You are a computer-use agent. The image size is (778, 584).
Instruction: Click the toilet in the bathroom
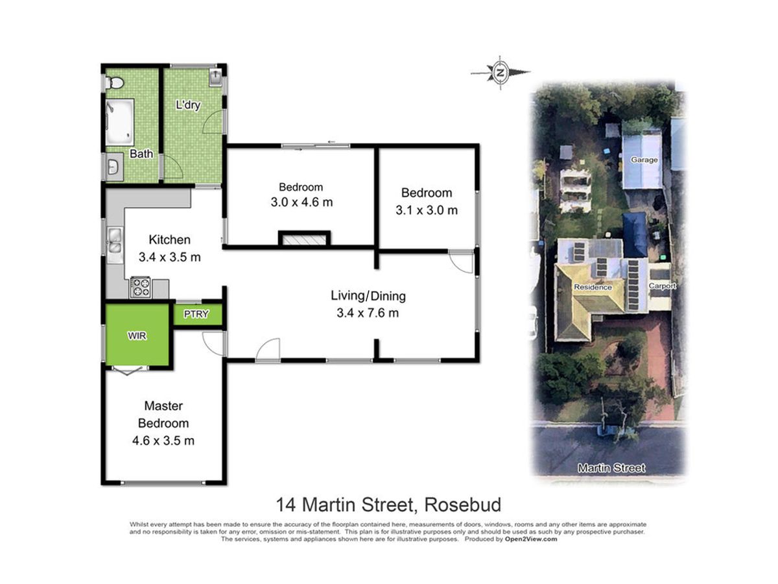tap(114, 83)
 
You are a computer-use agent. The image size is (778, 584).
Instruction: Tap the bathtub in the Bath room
tap(120, 122)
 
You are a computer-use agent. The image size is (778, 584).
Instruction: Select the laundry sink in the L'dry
tap(215, 78)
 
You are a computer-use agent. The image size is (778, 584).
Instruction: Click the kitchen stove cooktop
tap(140, 287)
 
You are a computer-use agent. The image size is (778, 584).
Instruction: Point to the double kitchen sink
tap(115, 241)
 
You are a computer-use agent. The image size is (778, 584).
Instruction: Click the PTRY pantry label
tap(196, 314)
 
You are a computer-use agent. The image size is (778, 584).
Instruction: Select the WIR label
tap(137, 335)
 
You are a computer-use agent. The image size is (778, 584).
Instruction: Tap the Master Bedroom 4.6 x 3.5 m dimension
tap(163, 441)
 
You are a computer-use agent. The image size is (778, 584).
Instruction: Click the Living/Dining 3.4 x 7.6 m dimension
tap(368, 313)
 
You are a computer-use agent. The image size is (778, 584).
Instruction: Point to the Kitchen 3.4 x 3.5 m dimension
tap(169, 257)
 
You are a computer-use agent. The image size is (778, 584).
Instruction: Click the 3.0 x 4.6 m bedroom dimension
tap(301, 202)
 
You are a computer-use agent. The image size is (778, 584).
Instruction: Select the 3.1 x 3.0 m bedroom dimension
tap(427, 210)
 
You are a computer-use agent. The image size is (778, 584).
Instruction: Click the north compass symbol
tap(500, 73)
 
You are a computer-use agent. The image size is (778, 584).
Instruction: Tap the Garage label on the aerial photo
tap(644, 160)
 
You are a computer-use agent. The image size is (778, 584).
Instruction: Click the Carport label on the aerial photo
tap(662, 286)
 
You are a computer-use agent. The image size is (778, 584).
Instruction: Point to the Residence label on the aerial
tap(593, 287)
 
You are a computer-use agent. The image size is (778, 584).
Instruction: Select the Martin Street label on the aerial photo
tap(611, 468)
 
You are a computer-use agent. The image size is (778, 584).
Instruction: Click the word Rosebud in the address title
tap(463, 505)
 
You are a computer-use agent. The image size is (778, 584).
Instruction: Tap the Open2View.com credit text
tap(530, 539)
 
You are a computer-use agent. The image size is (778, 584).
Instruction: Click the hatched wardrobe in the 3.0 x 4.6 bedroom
tap(305, 239)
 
